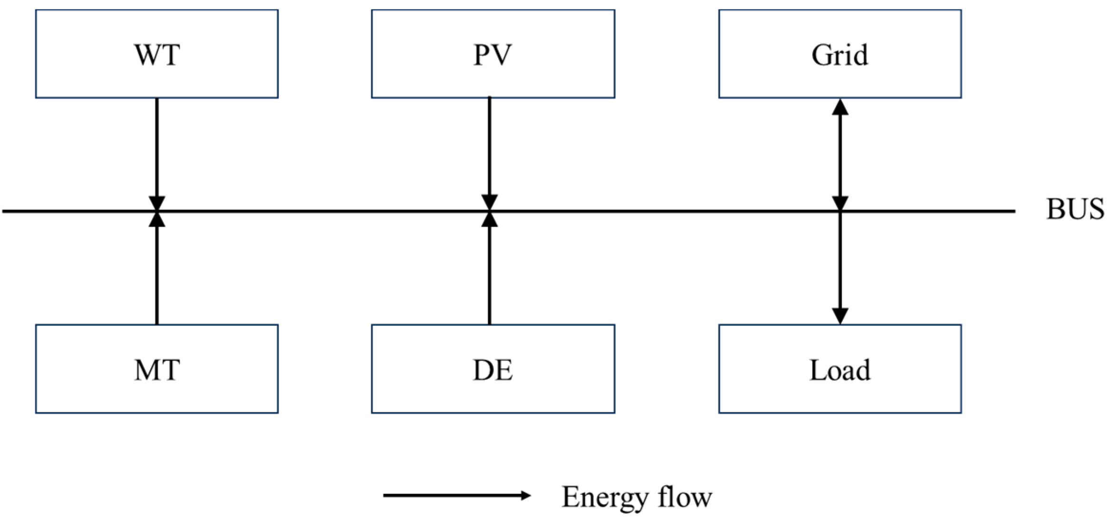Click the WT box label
click(157, 55)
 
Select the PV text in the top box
click(493, 55)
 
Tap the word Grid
click(840, 55)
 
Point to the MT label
click(157, 370)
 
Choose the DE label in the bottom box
click(493, 370)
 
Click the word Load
click(840, 370)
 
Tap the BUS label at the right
click(1075, 209)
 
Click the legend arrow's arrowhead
click(526, 495)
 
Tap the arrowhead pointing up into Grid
click(840, 107)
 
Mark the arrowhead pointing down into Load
click(840, 315)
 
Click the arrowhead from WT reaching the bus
click(157, 203)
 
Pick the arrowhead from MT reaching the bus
click(157, 219)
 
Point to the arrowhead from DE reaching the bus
click(490, 219)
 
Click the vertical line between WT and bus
click(157, 147)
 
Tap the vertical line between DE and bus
click(490, 275)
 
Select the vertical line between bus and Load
click(840, 261)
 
